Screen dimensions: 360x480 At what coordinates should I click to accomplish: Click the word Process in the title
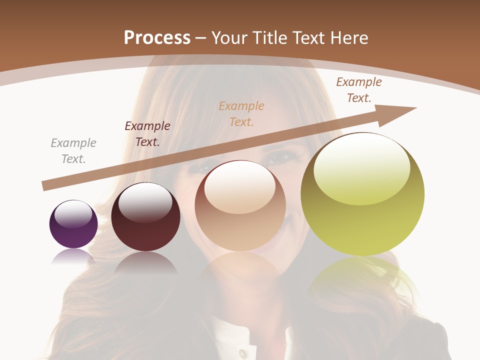click(x=157, y=37)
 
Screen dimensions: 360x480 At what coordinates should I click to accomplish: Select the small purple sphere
click(x=73, y=230)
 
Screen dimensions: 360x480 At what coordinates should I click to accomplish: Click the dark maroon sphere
click(x=145, y=225)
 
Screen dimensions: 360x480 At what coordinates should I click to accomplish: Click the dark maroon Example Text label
click(x=147, y=134)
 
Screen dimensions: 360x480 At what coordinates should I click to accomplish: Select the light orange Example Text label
click(x=241, y=114)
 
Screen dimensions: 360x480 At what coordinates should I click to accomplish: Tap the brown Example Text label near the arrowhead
click(x=358, y=90)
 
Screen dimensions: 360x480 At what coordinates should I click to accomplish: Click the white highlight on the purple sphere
click(x=73, y=214)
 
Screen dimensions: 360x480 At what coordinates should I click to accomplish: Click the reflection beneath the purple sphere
click(x=73, y=256)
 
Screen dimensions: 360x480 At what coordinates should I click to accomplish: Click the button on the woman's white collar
click(x=242, y=352)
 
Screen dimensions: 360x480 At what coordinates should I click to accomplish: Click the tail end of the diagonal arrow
click(x=46, y=185)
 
